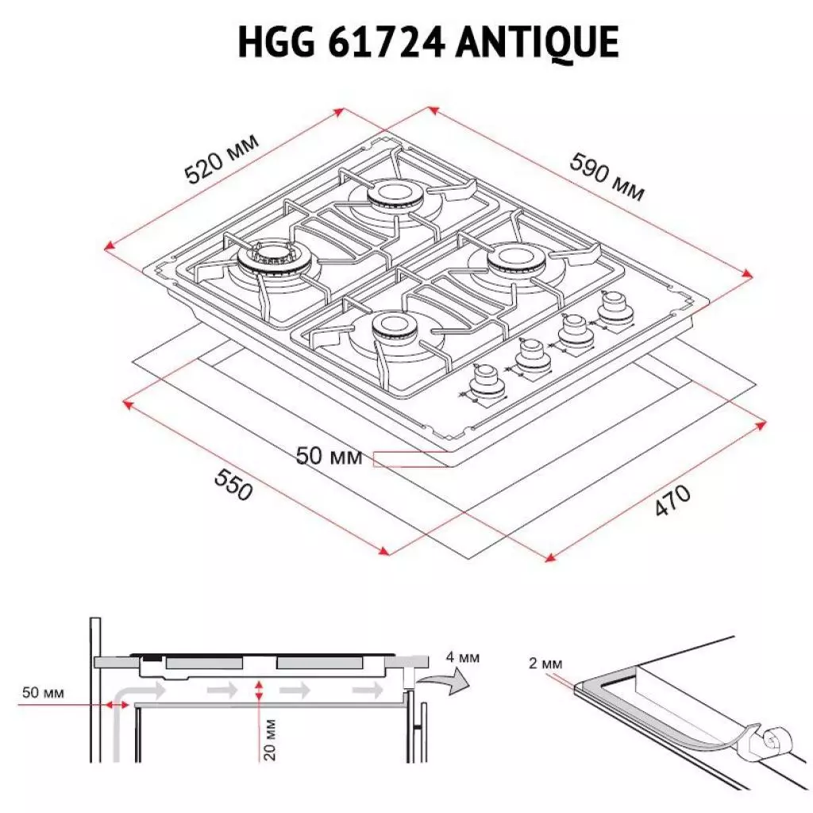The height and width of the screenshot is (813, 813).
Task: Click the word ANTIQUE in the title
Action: (538, 42)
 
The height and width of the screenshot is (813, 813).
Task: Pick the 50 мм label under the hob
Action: (329, 457)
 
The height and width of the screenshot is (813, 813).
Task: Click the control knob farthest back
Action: (613, 307)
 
